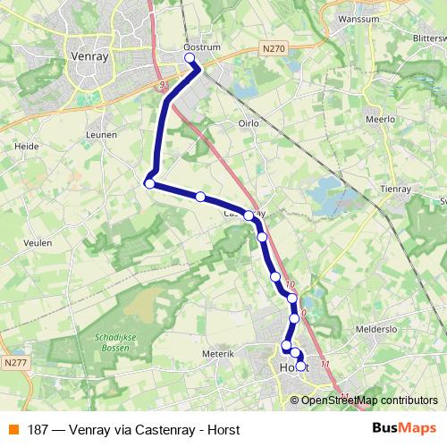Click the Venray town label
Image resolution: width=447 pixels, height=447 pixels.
[x=88, y=56]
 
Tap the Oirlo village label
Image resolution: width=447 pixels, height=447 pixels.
[x=248, y=123]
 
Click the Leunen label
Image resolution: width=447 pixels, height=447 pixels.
[x=103, y=133]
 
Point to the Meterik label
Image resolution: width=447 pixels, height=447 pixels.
[x=217, y=354]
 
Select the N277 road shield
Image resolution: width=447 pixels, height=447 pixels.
[x=15, y=363]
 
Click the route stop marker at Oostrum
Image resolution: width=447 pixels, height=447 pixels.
[x=190, y=59]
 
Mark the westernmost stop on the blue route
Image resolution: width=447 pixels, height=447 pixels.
[x=149, y=184]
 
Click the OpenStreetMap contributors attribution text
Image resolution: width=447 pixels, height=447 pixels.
[x=369, y=400]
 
